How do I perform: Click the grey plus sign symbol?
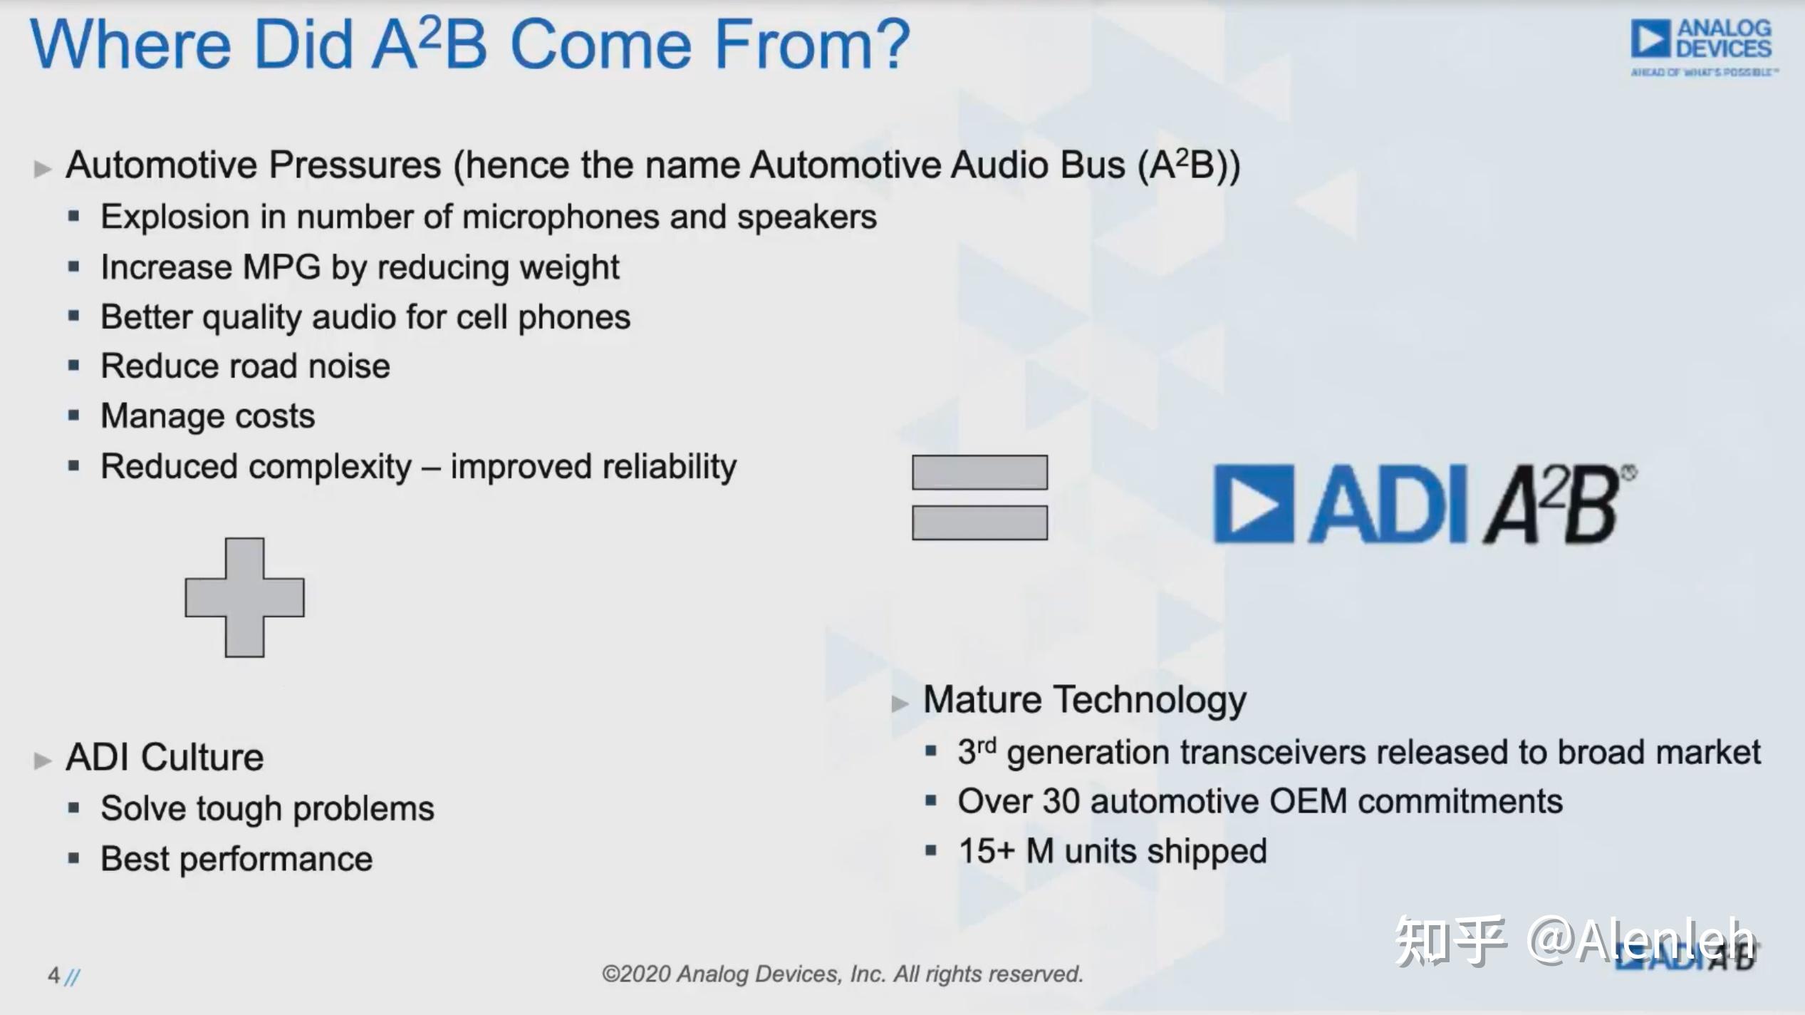[x=244, y=597]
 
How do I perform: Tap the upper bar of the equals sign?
[x=979, y=473]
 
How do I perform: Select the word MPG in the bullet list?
[x=282, y=268]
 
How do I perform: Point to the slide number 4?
[x=53, y=975]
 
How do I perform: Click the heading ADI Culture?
[x=165, y=757]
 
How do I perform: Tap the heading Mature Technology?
[x=1084, y=700]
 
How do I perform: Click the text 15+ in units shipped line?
[x=986, y=852]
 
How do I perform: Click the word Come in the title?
[x=600, y=44]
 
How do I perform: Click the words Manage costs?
[x=207, y=416]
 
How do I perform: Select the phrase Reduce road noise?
[x=245, y=366]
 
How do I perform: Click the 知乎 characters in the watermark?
[x=1450, y=942]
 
